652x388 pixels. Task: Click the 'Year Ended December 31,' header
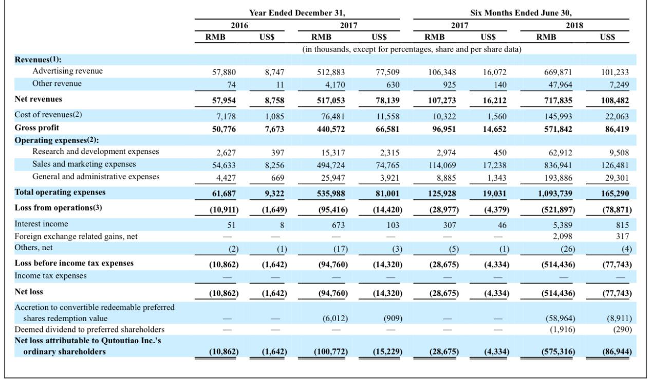point(297,13)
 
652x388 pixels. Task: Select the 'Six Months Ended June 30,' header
point(521,13)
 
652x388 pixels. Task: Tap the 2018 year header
point(574,25)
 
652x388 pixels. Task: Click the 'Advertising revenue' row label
point(67,71)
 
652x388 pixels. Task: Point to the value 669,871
point(558,72)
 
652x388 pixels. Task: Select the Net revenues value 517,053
point(331,100)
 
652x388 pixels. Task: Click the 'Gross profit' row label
point(36,128)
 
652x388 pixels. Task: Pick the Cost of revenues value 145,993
point(558,116)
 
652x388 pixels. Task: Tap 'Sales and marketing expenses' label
point(84,164)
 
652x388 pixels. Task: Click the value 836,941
point(558,165)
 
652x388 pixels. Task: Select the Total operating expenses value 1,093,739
point(555,193)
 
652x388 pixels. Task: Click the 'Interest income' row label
point(41,224)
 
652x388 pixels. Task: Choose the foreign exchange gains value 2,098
point(563,236)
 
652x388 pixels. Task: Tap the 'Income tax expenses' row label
point(51,276)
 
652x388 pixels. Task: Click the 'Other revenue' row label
point(57,83)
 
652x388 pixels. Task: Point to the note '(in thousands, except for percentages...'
point(412,49)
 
